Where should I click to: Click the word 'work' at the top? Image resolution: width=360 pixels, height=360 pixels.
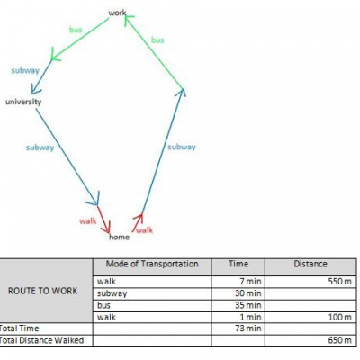click(x=117, y=13)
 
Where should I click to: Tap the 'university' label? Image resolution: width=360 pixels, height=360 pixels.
click(x=23, y=102)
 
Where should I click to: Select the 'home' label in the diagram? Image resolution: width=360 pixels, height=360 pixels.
click(x=119, y=237)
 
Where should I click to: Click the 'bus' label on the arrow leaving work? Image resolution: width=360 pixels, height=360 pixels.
click(x=76, y=30)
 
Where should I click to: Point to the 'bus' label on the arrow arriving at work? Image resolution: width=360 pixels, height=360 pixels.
click(x=157, y=40)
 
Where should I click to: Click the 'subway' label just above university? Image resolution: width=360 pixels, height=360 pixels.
click(x=25, y=70)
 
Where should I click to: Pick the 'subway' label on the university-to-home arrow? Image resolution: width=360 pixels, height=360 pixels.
click(x=40, y=148)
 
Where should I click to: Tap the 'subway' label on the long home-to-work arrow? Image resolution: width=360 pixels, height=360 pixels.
click(x=182, y=147)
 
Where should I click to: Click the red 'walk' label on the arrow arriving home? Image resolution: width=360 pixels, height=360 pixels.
click(x=88, y=221)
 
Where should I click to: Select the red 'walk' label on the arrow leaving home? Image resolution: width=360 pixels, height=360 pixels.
click(x=144, y=230)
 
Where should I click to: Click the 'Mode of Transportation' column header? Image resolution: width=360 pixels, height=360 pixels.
click(x=152, y=264)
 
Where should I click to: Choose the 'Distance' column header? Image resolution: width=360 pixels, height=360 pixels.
click(x=310, y=264)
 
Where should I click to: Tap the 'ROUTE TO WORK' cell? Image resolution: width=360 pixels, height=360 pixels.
click(x=42, y=291)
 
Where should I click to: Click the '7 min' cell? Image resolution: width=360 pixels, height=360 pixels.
click(x=252, y=282)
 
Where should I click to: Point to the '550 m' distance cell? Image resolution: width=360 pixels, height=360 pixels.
click(x=339, y=282)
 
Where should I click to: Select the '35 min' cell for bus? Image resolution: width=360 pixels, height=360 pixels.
click(x=248, y=305)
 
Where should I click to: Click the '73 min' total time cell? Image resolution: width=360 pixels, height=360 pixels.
click(x=248, y=328)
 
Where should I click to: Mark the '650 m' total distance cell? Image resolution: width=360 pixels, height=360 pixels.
click(x=339, y=340)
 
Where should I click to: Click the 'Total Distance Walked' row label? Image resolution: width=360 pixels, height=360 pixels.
click(x=41, y=340)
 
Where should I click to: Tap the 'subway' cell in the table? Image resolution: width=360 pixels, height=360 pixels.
click(x=112, y=293)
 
